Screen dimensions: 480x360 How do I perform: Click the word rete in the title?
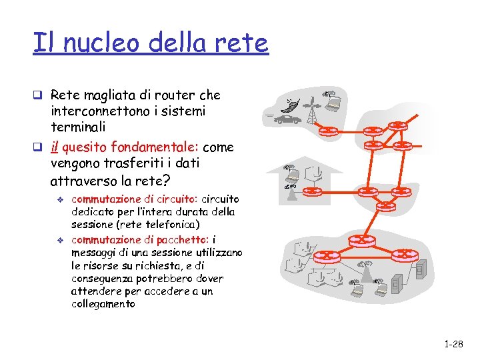click(243, 43)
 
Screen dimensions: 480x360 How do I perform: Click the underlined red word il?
click(56, 147)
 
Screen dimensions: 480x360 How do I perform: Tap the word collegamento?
click(103, 304)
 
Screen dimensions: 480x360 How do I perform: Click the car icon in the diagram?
click(289, 119)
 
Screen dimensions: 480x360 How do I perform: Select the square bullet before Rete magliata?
click(41, 95)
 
